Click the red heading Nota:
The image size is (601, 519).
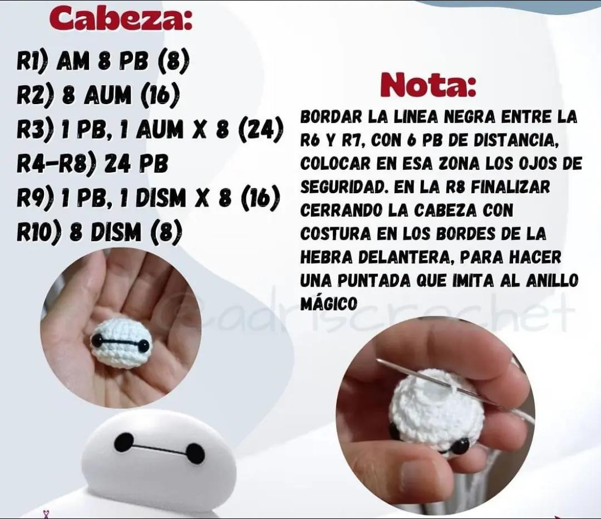point(428,85)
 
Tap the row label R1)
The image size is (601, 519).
point(32,62)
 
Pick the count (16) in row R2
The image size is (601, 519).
point(160,96)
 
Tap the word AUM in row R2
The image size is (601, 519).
point(107,96)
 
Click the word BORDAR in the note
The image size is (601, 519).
point(331,116)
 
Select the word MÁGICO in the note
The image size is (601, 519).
point(328,304)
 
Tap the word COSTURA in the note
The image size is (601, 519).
point(334,234)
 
